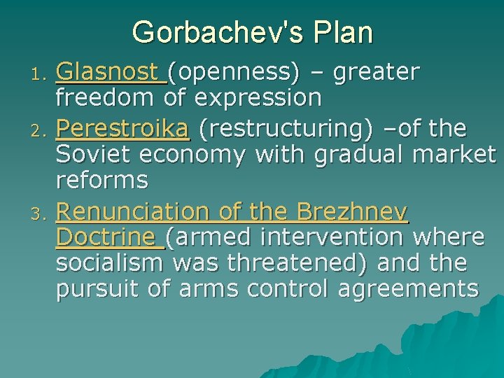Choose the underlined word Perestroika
click(x=122, y=128)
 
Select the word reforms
click(x=101, y=181)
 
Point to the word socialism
click(x=108, y=263)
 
